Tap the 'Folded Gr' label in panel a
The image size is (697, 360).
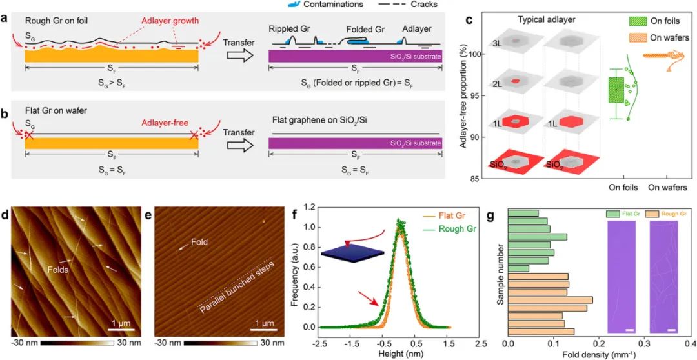[x=367, y=30]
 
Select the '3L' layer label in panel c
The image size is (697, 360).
[x=498, y=44]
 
